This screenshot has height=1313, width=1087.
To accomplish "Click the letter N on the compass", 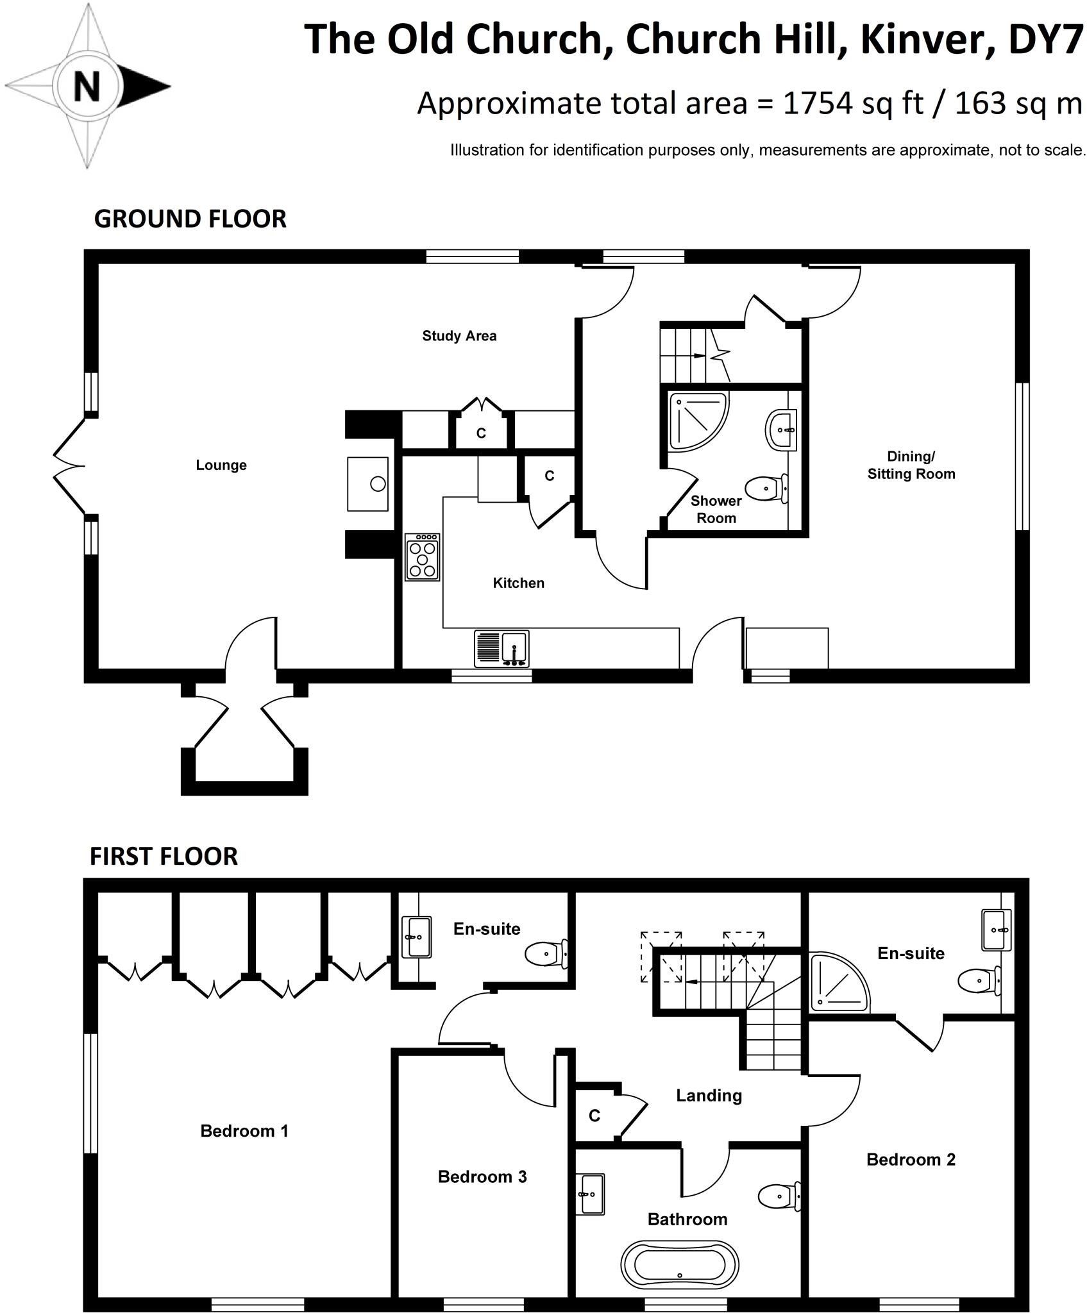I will pyautogui.click(x=87, y=86).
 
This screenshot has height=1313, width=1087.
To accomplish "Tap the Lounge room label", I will pyautogui.click(x=221, y=465).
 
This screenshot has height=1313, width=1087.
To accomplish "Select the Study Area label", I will pyautogui.click(x=459, y=336).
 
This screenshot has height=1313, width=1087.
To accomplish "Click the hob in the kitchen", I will pyautogui.click(x=423, y=557).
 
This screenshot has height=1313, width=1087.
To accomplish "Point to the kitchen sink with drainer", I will pyautogui.click(x=502, y=648).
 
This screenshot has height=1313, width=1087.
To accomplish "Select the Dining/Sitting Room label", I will pyautogui.click(x=911, y=465).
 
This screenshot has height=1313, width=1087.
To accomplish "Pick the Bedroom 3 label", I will pyautogui.click(x=482, y=1176).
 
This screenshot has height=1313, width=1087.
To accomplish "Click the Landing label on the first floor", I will pyautogui.click(x=709, y=1096).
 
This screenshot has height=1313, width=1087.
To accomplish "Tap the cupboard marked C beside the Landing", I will pyautogui.click(x=594, y=1116).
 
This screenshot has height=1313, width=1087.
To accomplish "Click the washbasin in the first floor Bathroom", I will pyautogui.click(x=591, y=1194).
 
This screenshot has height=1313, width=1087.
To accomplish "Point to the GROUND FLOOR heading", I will pyautogui.click(x=190, y=219).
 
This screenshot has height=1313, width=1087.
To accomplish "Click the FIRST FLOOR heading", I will pyautogui.click(x=164, y=857).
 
